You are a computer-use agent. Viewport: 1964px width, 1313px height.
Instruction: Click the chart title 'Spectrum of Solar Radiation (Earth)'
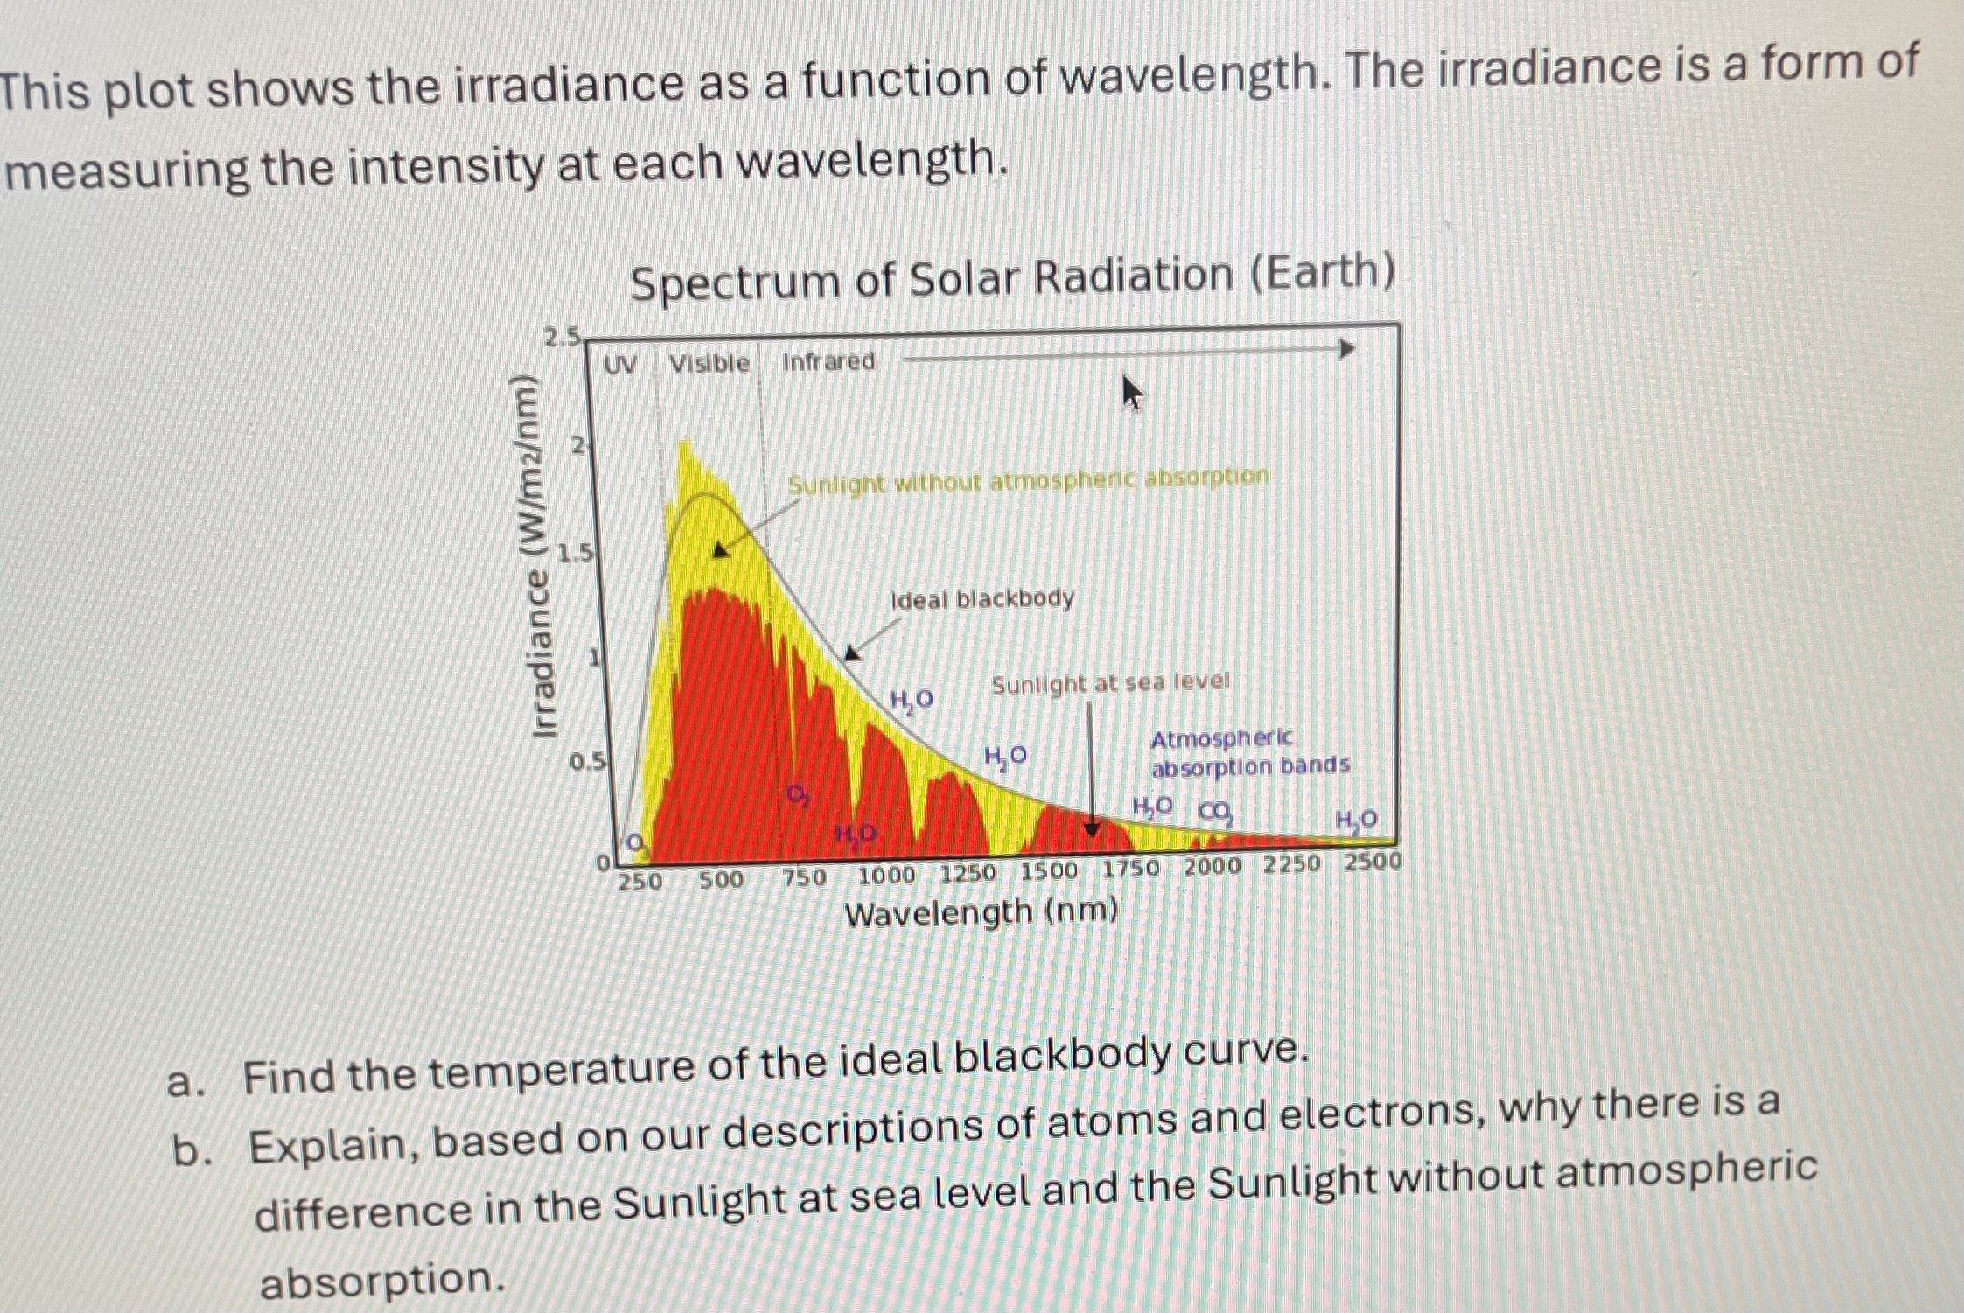(1012, 277)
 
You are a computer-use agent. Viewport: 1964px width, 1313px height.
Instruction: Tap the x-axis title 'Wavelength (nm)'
(981, 914)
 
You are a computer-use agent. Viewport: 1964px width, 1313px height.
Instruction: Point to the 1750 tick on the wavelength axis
(1130, 870)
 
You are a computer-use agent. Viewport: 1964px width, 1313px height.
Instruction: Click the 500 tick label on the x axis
(720, 879)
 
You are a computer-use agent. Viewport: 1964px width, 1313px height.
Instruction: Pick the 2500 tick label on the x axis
(1372, 862)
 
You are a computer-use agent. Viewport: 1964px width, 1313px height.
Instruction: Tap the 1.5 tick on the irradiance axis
(577, 553)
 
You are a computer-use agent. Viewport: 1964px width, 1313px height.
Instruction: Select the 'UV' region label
(620, 365)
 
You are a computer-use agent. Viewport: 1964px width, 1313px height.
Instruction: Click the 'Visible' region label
(709, 363)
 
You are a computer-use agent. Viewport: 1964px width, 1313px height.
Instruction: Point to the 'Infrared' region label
(828, 361)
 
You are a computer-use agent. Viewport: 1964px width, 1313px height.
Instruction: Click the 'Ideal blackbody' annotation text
(982, 599)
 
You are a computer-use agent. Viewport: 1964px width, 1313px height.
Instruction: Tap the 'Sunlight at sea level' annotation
(1109, 682)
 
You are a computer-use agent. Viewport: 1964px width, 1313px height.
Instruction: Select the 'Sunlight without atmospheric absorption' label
(1028, 480)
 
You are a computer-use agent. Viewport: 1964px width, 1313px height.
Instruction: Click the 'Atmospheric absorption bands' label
(1248, 753)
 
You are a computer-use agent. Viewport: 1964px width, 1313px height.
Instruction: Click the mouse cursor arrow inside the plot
(1131, 393)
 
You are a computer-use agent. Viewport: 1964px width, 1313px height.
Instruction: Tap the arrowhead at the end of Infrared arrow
(1347, 349)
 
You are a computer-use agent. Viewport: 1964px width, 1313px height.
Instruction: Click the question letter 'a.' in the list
(186, 1083)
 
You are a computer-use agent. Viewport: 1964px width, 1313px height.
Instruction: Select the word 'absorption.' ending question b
(382, 1282)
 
